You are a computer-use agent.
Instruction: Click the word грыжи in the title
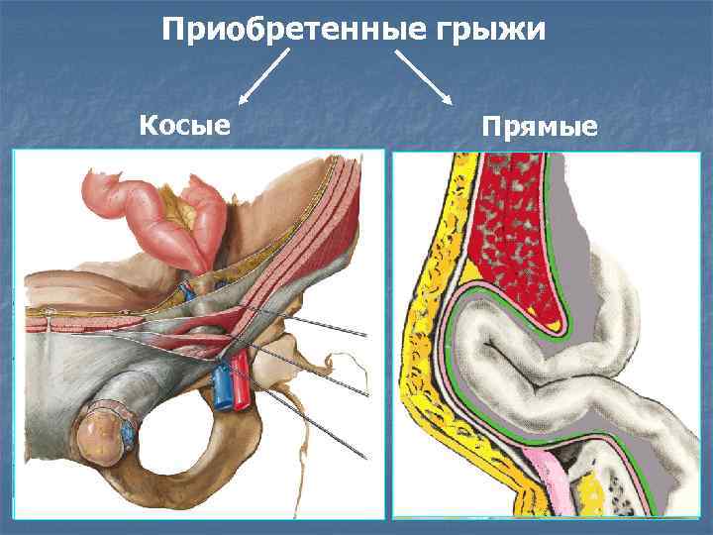(490, 31)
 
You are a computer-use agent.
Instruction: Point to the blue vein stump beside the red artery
(222, 386)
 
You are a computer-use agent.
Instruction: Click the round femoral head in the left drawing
(101, 435)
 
